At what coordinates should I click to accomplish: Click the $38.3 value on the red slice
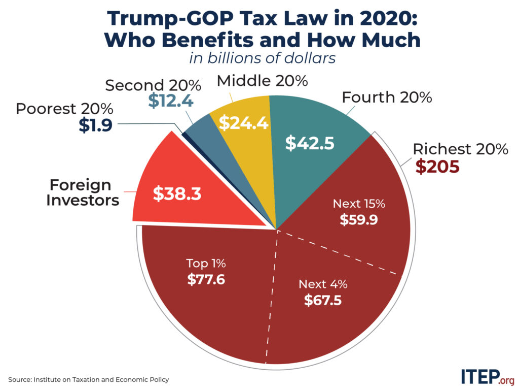click(x=177, y=193)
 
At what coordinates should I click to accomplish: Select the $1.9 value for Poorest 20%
click(x=95, y=125)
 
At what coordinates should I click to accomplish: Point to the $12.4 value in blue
click(x=171, y=101)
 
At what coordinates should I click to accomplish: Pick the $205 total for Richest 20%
click(x=437, y=167)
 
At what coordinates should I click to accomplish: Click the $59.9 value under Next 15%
click(x=359, y=220)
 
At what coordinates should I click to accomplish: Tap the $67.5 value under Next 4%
click(x=323, y=300)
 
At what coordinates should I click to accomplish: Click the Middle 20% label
click(x=262, y=80)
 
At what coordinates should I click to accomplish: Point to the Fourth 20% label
click(x=387, y=97)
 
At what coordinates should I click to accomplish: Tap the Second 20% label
click(x=153, y=85)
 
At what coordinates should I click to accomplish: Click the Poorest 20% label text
click(x=64, y=109)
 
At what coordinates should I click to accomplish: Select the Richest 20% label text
click(x=460, y=149)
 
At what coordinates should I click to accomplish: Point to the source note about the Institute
click(x=88, y=379)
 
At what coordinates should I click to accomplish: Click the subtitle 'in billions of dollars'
click(x=263, y=58)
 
